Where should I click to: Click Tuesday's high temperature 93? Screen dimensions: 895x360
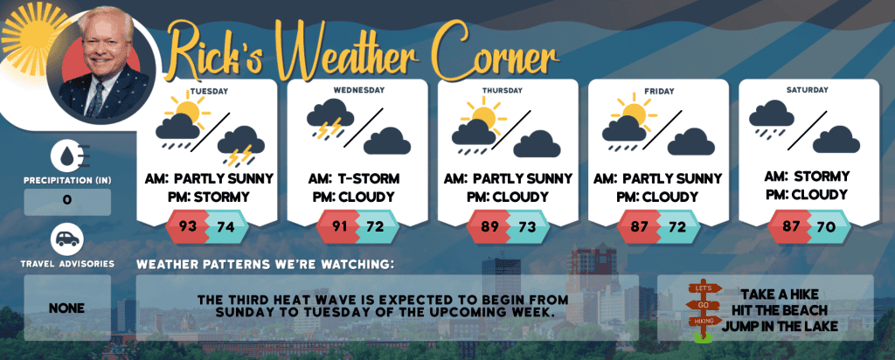point(188,226)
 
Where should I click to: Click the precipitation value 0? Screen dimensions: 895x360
point(67,201)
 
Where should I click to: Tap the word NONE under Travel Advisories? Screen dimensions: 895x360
point(66,308)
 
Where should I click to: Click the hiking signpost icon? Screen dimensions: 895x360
point(704,312)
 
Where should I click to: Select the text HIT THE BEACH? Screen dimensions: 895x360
point(779,311)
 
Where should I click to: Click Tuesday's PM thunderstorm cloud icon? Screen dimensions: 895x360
point(241,146)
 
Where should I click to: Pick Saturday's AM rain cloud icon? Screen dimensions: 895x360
point(771,119)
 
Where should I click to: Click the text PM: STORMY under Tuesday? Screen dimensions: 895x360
point(207,197)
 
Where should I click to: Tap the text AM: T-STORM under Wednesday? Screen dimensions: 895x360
point(354,178)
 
